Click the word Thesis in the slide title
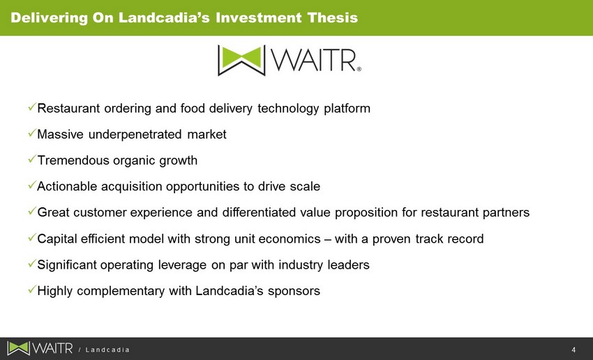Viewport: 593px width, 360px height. tap(332, 17)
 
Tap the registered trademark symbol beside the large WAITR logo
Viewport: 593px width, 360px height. tap(359, 69)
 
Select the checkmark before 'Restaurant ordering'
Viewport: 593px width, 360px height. tap(32, 107)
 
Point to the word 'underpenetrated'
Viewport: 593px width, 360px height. tap(135, 135)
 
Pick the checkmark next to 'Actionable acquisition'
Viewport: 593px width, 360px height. tap(32, 186)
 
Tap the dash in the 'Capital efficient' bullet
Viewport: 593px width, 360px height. tap(328, 239)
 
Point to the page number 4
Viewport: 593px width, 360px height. tap(573, 350)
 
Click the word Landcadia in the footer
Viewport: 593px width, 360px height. tap(107, 350)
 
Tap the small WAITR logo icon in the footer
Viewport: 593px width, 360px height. tap(18, 348)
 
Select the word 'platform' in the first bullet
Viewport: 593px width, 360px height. tap(347, 109)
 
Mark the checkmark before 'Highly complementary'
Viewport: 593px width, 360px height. tap(32, 290)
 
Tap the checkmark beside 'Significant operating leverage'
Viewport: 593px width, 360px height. tap(32, 264)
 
